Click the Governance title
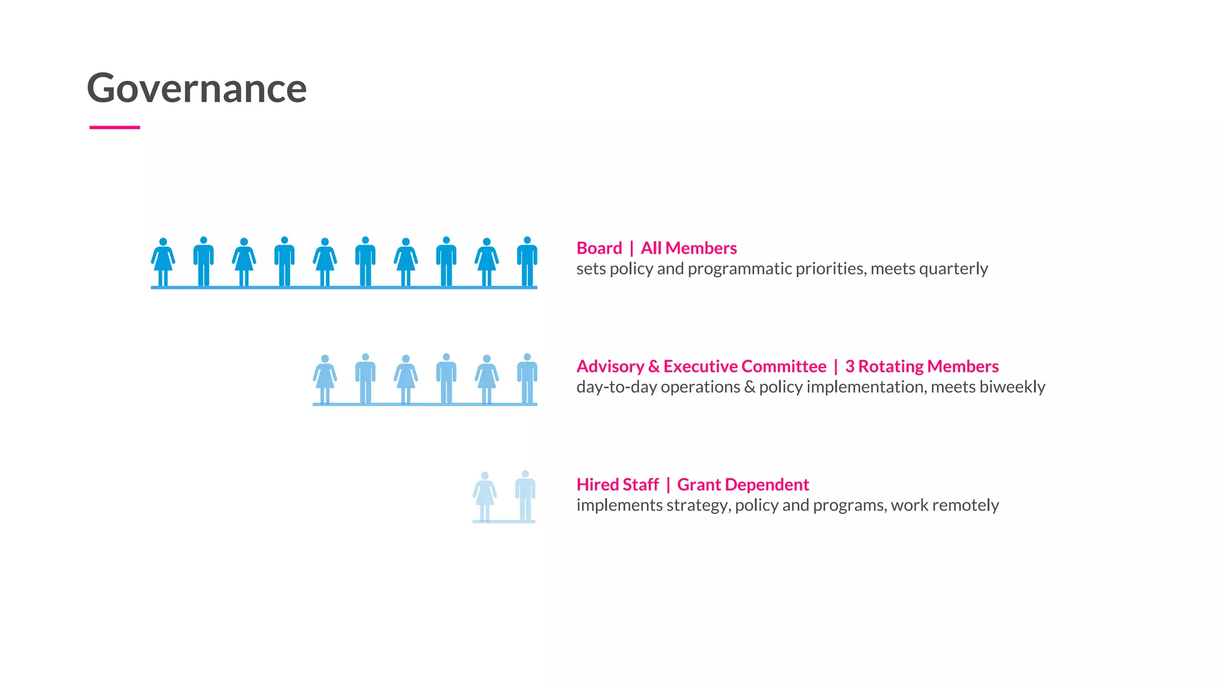[x=197, y=88]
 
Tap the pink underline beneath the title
[x=114, y=127]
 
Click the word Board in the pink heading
[x=599, y=248]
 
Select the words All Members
[x=689, y=248]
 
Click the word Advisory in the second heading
[x=609, y=366]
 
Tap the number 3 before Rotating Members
[x=849, y=366]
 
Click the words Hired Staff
[x=617, y=485]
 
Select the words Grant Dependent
[x=743, y=485]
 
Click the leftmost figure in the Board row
[x=163, y=262]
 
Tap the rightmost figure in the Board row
[x=527, y=261]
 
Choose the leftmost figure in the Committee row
[x=325, y=379]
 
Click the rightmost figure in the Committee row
[x=527, y=379]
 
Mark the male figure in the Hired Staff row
[x=525, y=495]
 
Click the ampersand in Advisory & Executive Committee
[x=653, y=366]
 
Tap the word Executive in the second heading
[x=701, y=366]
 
